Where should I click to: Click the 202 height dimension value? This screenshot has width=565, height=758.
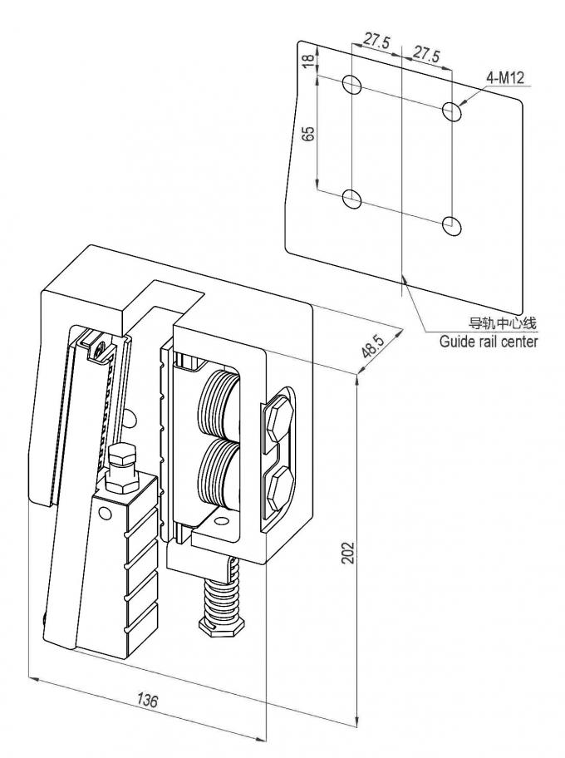350,551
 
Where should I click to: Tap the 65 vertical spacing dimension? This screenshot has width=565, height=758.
308,135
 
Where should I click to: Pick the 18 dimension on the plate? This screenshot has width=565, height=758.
308,62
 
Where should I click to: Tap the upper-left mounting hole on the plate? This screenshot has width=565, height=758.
351,84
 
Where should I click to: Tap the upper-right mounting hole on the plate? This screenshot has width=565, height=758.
451,110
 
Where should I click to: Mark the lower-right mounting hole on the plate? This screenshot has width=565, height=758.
451,224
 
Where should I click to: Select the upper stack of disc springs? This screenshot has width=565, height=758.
219,402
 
